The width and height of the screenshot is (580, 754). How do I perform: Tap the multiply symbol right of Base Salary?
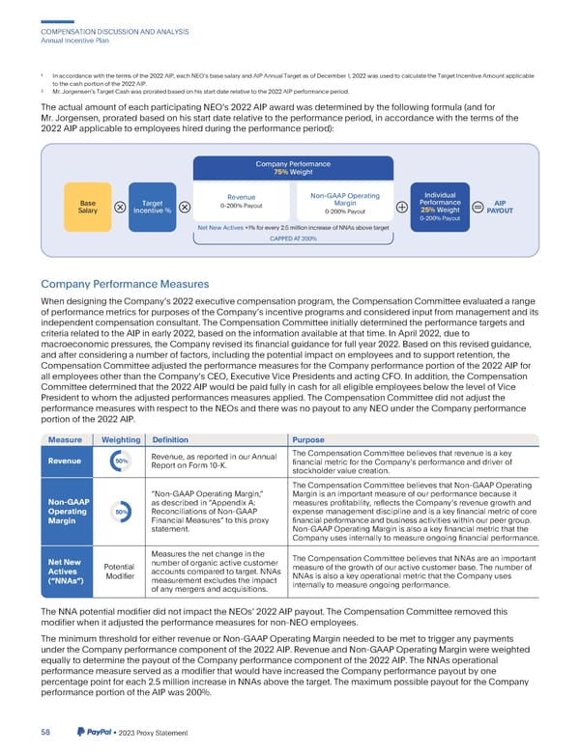(120, 207)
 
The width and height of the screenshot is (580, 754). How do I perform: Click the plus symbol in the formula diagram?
(400, 207)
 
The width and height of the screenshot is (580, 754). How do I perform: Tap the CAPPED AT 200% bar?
(293, 238)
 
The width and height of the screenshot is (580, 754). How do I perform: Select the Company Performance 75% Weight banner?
(292, 167)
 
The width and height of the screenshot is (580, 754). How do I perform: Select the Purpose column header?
(308, 439)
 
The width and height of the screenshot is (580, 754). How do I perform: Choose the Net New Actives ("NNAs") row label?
(66, 571)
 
